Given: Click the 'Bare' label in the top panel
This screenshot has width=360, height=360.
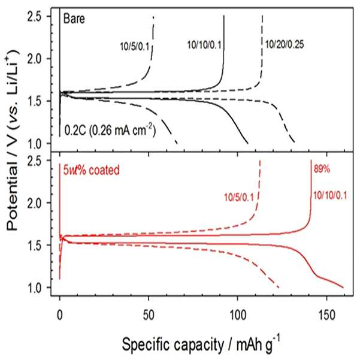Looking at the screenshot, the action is [74, 19].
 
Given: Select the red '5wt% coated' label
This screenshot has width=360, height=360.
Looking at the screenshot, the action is [92, 170].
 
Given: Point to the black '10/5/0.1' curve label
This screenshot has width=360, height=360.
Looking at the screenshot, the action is [135, 47].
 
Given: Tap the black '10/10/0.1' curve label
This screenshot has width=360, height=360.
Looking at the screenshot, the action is [204, 45].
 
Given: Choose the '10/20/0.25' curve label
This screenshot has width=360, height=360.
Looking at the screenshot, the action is [285, 44].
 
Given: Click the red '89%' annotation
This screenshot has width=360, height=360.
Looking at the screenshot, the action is [322, 169].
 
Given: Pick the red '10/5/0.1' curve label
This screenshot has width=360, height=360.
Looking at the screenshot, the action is [239, 198].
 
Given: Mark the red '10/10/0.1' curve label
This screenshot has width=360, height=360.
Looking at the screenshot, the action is [330, 196].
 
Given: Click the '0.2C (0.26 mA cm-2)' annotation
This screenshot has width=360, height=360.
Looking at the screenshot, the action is [110, 130].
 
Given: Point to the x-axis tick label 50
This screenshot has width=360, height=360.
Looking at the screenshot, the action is [149, 316].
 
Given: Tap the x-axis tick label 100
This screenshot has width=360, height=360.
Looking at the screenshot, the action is [237, 316].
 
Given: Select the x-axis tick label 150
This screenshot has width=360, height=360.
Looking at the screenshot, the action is [326, 316].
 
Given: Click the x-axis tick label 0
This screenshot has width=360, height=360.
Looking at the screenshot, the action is [60, 316].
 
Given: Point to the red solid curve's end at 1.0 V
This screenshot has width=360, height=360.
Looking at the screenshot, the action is [343, 288].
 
